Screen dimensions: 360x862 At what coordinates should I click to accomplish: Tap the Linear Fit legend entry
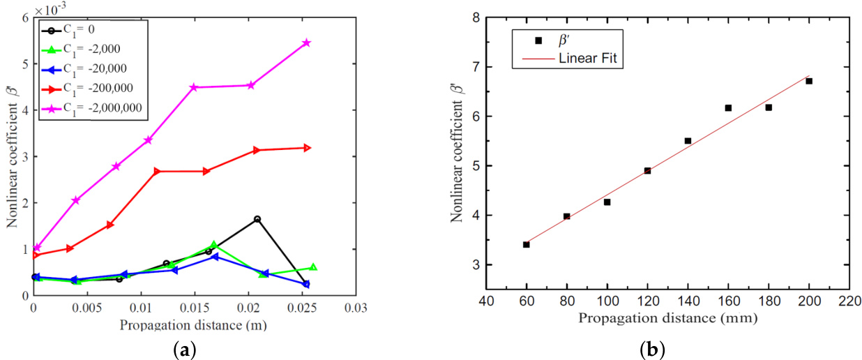coord(587,59)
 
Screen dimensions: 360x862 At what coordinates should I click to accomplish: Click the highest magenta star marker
coord(307,43)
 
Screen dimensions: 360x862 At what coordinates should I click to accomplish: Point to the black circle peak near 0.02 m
coord(257,219)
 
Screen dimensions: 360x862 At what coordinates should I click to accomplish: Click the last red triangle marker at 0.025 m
coord(307,147)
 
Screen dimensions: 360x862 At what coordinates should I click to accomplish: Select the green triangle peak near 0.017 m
coord(214,245)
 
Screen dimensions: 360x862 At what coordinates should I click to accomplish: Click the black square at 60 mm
coord(527,244)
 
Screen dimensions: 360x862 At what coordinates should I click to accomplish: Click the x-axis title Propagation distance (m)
coord(192,325)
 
